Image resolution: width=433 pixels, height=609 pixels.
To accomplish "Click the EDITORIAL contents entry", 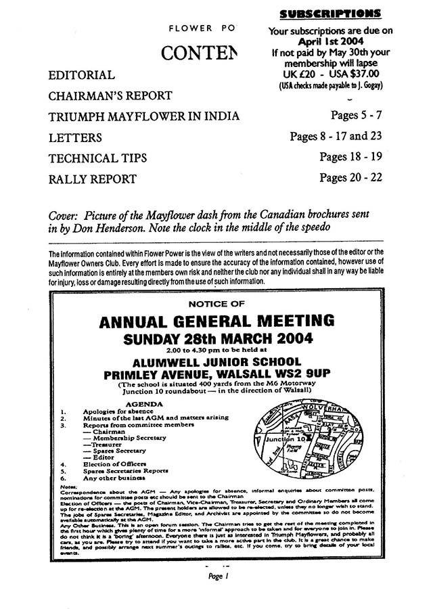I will [81, 74].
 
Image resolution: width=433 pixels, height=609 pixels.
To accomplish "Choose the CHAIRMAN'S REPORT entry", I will [110, 95].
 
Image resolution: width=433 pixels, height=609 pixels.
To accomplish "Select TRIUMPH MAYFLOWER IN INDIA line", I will [144, 116].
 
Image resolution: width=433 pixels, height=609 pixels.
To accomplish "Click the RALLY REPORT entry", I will [93, 179].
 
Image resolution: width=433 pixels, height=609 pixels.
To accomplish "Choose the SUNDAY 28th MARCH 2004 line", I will [216, 338].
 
